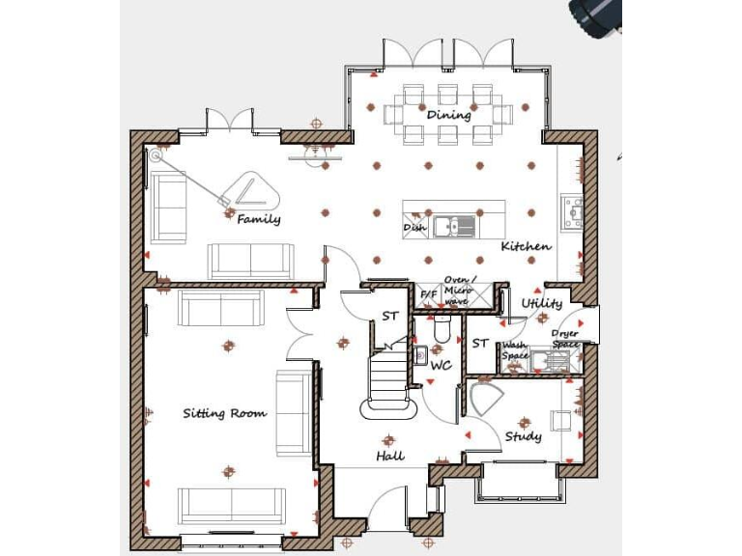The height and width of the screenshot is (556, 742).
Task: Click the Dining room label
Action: coord(449,115)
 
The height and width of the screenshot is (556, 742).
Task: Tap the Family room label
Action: coord(259,219)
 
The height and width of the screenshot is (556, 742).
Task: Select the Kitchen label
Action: coord(526,247)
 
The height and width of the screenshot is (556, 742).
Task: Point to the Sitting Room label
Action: coord(225,413)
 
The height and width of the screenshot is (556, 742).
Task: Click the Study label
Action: coord(524,436)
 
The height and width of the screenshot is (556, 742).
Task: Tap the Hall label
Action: coord(390,456)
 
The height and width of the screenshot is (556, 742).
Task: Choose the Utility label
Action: coord(541,304)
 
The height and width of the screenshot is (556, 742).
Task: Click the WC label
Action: coord(442,366)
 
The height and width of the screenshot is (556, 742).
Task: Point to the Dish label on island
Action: coord(414,228)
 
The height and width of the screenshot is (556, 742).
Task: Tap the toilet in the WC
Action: coord(442,331)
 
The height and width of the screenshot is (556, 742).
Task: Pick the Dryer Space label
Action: coord(565,339)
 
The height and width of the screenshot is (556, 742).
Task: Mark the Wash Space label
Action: coord(515,350)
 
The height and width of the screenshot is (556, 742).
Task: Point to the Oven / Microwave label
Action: coord(457,290)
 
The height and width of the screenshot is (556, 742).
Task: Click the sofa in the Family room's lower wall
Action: coord(251,260)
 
